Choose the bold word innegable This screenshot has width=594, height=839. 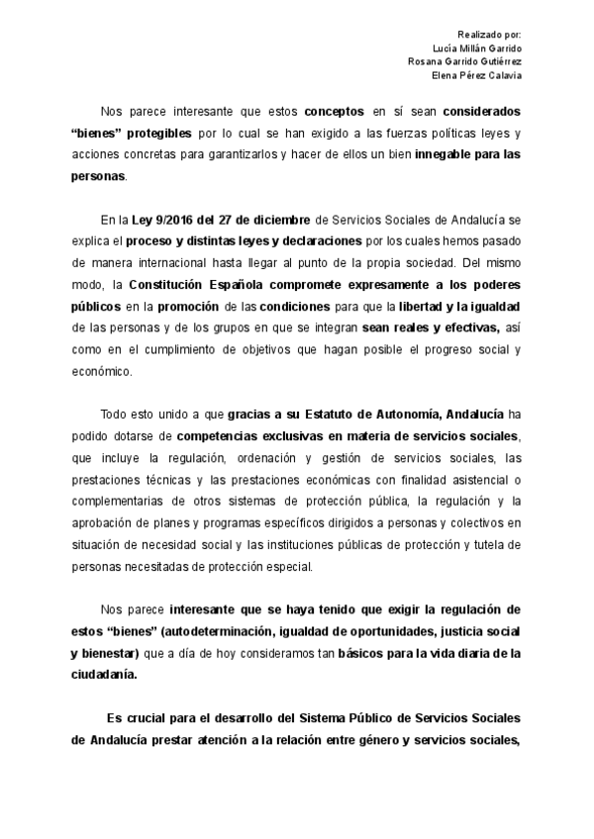[449, 155]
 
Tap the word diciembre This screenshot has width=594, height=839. [278, 219]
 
